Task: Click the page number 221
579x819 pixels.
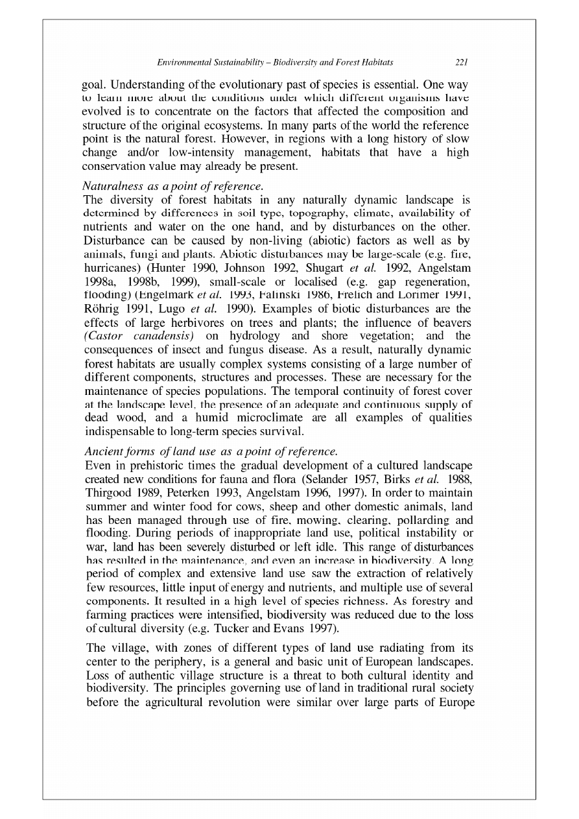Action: coord(461,63)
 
